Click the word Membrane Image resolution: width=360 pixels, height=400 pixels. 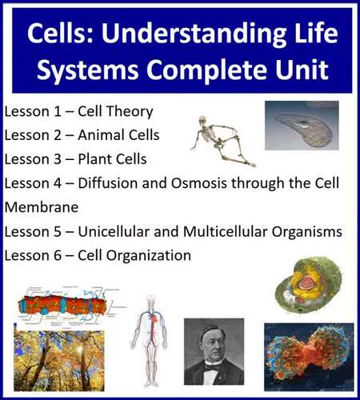click(40, 206)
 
